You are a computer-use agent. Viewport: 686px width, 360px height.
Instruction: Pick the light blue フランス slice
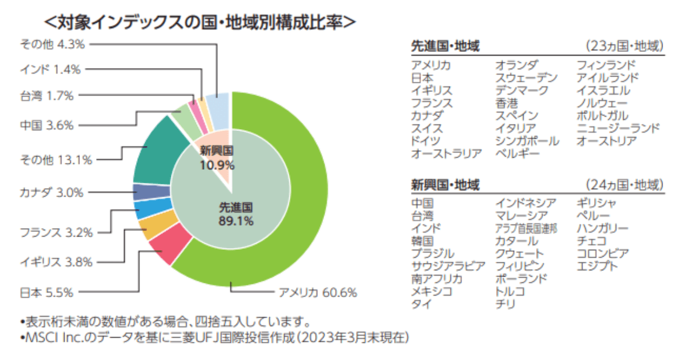tap(145, 210)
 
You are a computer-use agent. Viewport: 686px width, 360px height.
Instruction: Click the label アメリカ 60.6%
tap(317, 293)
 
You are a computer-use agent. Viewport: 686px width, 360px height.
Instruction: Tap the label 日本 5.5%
tap(46, 293)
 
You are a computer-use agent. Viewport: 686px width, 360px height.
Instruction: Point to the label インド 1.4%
tap(50, 70)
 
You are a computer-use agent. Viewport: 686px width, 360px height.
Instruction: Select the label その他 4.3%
tap(52, 43)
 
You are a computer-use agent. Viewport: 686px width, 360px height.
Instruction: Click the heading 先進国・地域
tap(445, 46)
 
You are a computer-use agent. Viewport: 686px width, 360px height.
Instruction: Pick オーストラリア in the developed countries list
tap(446, 153)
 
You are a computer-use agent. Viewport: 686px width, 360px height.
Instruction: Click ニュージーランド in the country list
tap(617, 128)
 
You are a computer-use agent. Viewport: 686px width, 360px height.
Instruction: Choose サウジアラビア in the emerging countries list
tap(448, 266)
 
